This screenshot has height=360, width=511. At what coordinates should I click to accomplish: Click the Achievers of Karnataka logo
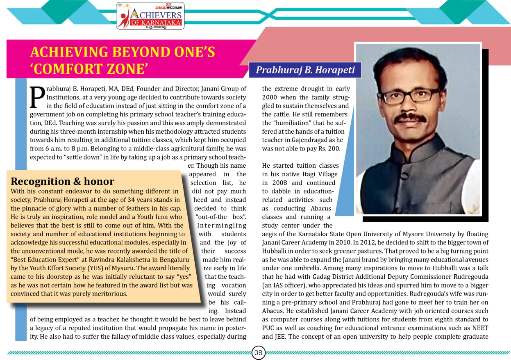(x=150, y=16)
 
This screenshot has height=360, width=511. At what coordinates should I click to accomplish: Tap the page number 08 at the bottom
(x=259, y=353)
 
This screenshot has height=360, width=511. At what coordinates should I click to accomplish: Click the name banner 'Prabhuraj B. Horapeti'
(x=305, y=70)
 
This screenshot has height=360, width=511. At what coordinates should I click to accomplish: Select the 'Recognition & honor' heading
(x=62, y=181)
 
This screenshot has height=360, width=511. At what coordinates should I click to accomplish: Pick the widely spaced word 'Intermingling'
(x=222, y=226)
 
